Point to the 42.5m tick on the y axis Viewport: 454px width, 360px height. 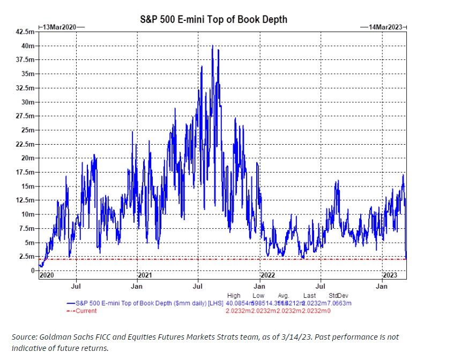(x=26, y=32)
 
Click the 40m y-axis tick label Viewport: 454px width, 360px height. (x=29, y=46)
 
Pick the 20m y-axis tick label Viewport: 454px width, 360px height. (x=29, y=158)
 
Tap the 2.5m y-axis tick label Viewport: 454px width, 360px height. (x=27, y=256)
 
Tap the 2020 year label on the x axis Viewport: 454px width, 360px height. (x=47, y=275)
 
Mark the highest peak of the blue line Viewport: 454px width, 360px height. (x=213, y=46)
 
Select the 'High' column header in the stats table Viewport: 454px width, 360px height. (x=234, y=295)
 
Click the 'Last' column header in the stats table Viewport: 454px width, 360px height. (x=309, y=295)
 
